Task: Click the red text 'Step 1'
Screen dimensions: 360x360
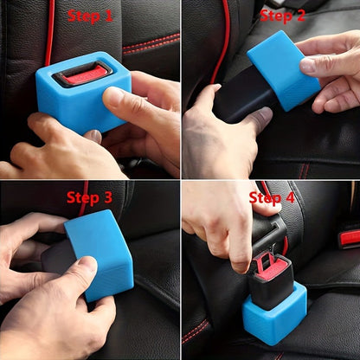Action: tap(90, 16)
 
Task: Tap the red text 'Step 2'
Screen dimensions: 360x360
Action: tap(282, 16)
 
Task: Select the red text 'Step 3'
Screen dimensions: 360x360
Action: tap(89, 198)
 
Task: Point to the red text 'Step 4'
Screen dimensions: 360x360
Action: tap(272, 197)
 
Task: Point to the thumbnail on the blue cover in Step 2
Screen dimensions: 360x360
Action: tap(307, 65)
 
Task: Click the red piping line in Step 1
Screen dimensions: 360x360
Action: tap(49, 32)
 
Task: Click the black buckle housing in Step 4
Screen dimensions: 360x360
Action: tap(271, 284)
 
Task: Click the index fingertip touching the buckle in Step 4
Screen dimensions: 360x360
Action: tap(241, 265)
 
